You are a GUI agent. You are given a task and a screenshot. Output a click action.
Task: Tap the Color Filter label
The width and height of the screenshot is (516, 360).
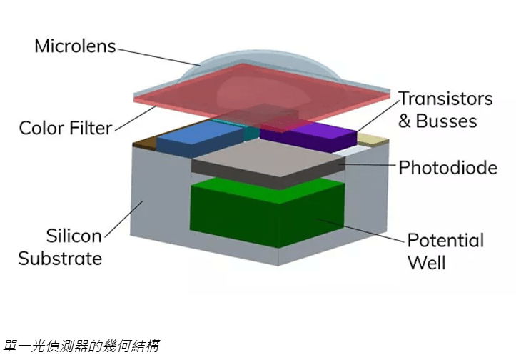tap(65, 129)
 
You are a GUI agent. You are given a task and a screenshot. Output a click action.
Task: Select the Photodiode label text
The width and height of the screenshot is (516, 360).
tap(448, 168)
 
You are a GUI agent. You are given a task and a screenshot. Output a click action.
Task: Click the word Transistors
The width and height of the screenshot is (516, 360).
tap(445, 99)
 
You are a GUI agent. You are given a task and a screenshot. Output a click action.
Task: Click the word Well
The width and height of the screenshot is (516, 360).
tap(426, 262)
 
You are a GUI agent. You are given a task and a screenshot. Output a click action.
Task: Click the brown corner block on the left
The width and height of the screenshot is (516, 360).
tap(146, 143)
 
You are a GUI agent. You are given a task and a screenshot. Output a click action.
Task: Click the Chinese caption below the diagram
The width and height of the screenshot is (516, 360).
tap(80, 346)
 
